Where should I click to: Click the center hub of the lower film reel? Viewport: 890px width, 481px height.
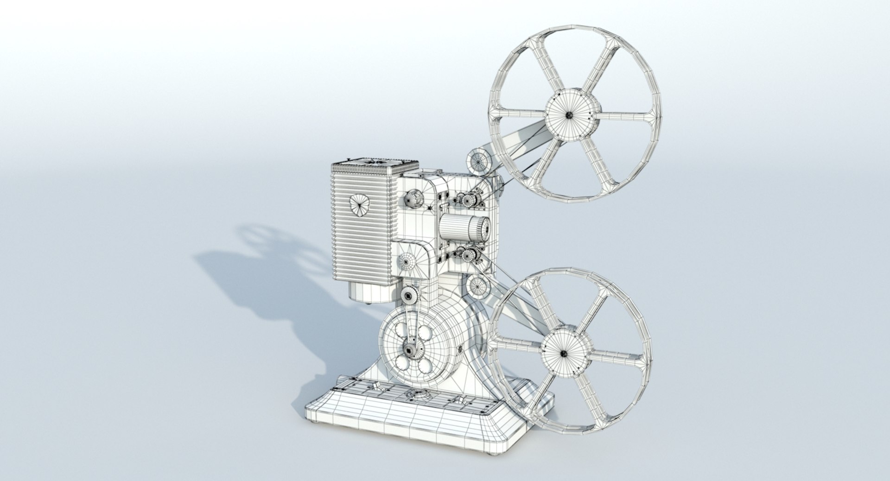point(564,354)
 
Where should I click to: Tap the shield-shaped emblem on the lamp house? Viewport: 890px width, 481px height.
point(358,205)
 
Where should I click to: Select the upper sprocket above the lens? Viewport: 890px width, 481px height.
point(468,200)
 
